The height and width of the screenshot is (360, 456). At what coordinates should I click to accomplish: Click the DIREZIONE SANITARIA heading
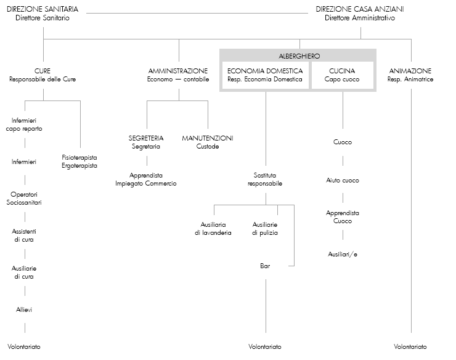click(43, 10)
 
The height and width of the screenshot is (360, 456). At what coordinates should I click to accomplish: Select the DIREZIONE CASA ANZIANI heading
click(351, 10)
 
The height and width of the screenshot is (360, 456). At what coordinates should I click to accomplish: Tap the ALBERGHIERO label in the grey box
click(299, 56)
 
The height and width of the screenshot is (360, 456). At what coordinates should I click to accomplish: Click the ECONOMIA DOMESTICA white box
click(265, 75)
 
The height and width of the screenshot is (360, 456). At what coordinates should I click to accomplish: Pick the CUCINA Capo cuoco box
click(343, 75)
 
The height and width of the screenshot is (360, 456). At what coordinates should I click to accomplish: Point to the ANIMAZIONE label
click(410, 71)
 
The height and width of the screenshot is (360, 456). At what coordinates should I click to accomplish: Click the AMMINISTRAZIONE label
click(178, 71)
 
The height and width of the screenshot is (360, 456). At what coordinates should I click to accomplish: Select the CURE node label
click(43, 71)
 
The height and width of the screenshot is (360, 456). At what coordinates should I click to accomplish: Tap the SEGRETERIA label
click(146, 138)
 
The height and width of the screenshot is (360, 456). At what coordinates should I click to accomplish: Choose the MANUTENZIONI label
click(208, 138)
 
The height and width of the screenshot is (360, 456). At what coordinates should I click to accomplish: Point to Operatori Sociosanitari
click(24, 198)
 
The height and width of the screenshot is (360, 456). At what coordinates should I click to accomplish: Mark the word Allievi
click(24, 309)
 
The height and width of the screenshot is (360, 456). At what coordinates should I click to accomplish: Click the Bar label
click(265, 266)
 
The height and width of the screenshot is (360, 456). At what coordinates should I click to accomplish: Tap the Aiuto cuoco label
click(343, 181)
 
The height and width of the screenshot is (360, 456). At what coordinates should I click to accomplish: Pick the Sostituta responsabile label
click(265, 179)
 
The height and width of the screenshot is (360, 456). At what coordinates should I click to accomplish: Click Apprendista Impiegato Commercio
click(146, 179)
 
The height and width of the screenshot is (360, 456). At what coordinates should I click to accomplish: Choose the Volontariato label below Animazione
click(410, 347)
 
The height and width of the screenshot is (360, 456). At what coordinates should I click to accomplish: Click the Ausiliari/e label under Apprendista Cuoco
click(343, 253)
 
